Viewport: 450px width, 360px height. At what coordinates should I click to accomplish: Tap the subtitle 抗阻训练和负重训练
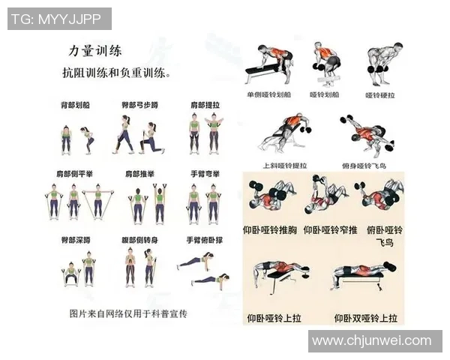coord(115,74)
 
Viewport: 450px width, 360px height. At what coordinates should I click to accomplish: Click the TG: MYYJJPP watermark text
coord(58,19)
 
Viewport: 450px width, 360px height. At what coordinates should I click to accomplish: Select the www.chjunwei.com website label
coord(372,341)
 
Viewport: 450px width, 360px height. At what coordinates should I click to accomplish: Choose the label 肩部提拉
coord(204,106)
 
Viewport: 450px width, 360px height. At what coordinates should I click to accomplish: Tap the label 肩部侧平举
coord(74,174)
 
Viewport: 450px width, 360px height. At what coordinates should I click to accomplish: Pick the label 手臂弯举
coord(204,174)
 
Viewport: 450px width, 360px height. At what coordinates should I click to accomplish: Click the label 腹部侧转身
coord(139,241)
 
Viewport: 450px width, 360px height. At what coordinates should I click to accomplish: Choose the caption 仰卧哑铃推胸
coord(271,229)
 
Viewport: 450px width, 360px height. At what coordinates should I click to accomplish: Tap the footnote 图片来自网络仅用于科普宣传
coord(127,313)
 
